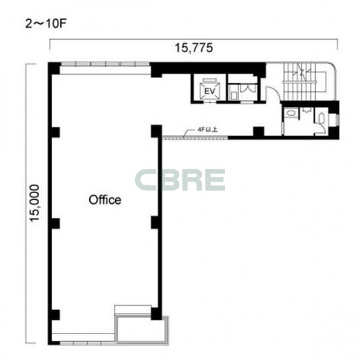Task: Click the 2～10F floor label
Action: pos(46,24)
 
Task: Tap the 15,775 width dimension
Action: pos(194,48)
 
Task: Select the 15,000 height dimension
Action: pos(35,203)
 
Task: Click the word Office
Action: pos(105,200)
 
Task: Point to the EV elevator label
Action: pos(210,91)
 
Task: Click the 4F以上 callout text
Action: pos(207,130)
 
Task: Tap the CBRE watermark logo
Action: pos(180,180)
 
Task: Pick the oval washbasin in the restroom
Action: pos(291,113)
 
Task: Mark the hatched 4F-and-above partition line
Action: pos(195,138)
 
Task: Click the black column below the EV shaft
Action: pos(259,132)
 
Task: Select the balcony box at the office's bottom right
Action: pos(142,330)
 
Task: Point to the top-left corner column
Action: pos(54,68)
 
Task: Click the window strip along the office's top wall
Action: pos(105,64)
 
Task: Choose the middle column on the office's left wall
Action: pos(55,224)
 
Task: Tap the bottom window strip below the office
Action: pos(83,343)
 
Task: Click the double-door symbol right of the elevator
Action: pos(248,89)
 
